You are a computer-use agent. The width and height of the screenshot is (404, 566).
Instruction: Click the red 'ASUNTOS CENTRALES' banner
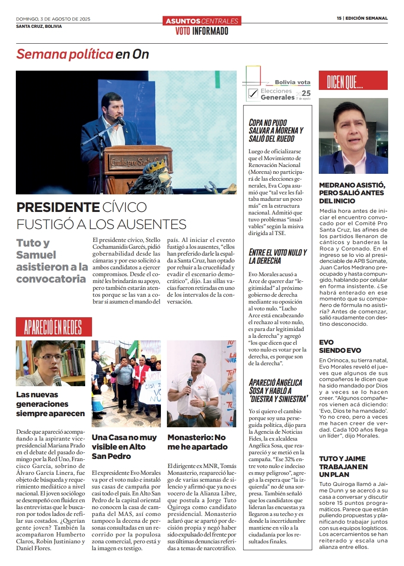202,21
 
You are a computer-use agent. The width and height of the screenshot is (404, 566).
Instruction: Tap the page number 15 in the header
339,18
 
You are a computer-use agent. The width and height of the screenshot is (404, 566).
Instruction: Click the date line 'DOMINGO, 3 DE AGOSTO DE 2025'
53,19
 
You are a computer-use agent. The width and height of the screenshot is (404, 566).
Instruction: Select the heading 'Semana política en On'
83,54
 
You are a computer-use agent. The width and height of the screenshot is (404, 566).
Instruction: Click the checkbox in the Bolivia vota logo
253,93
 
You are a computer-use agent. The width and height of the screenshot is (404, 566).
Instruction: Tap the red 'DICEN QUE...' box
353,80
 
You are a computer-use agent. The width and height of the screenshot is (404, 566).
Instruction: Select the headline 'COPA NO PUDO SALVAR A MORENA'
276,131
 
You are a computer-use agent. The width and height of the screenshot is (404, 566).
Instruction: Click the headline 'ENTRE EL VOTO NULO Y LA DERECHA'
278,256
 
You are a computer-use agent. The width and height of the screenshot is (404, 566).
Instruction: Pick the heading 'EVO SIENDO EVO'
340,346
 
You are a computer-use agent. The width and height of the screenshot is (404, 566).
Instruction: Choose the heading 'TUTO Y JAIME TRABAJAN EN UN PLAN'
343,466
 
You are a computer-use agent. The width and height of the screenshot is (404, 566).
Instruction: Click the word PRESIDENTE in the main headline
58,208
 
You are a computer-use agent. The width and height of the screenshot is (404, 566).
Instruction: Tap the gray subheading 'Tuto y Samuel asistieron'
51,261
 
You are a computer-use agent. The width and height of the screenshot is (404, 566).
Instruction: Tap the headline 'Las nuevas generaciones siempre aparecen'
50,404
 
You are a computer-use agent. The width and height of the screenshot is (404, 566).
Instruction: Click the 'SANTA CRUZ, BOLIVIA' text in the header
39,26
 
